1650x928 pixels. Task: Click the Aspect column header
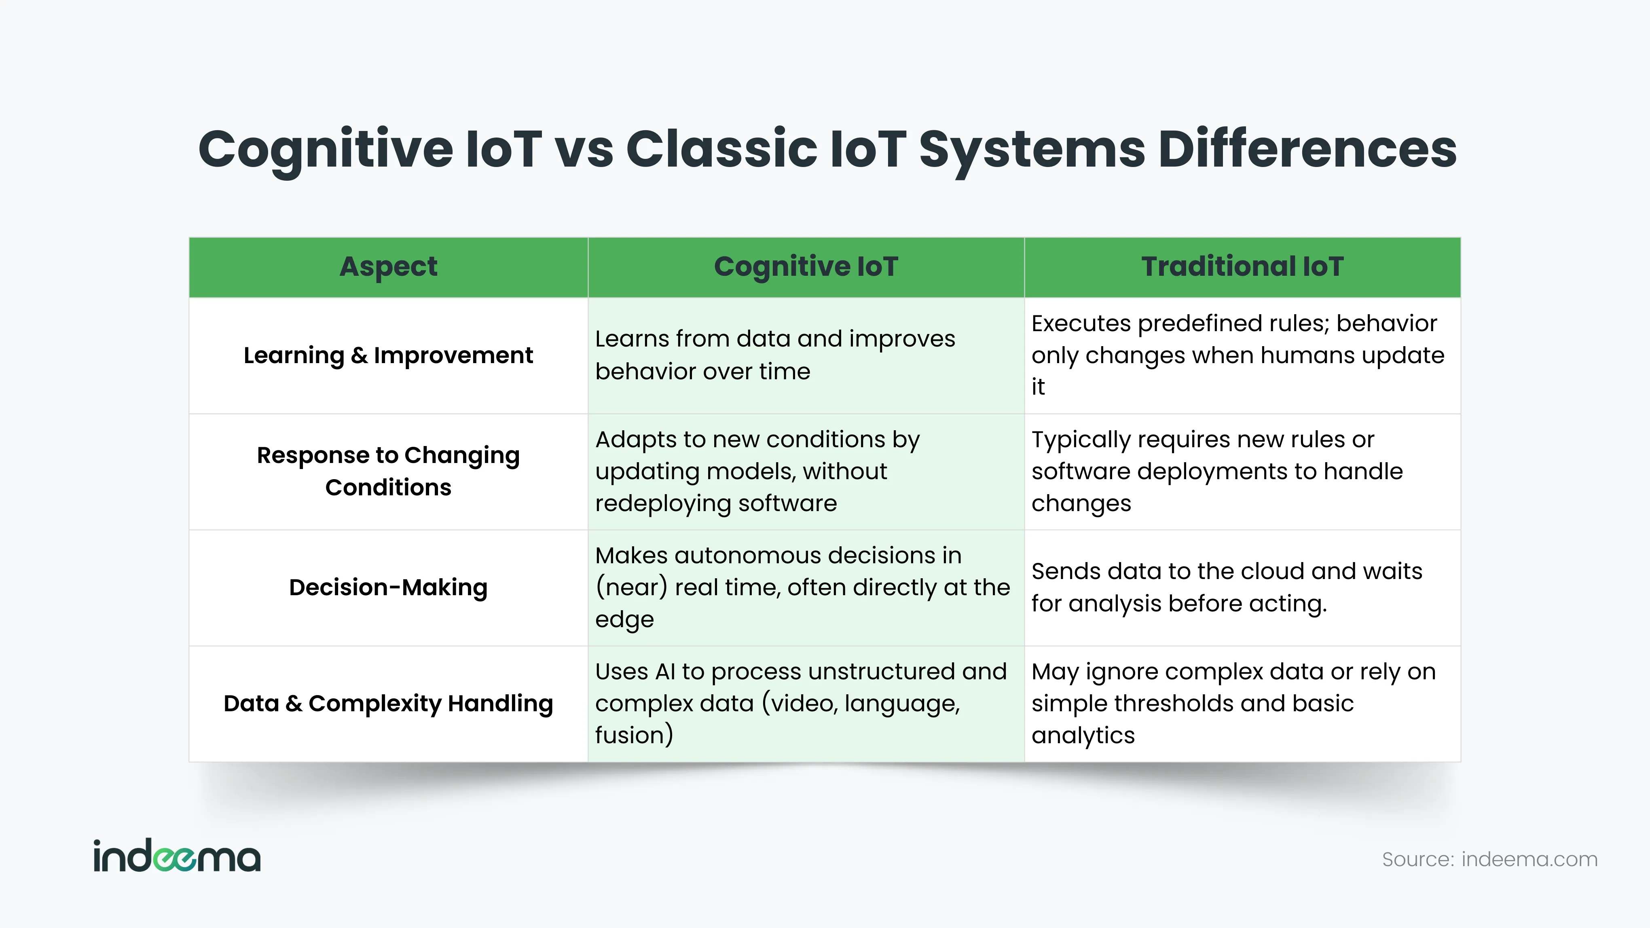pyautogui.click(x=388, y=267)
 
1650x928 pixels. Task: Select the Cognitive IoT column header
pyautogui.click(x=806, y=267)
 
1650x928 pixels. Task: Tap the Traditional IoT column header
pyautogui.click(x=1242, y=266)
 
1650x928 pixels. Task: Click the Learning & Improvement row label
pyautogui.click(x=388, y=355)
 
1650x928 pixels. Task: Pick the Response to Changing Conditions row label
pyautogui.click(x=388, y=471)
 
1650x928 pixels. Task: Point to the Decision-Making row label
pyautogui.click(x=388, y=587)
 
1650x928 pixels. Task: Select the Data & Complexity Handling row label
pyautogui.click(x=388, y=703)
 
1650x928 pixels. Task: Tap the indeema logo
pyautogui.click(x=177, y=856)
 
